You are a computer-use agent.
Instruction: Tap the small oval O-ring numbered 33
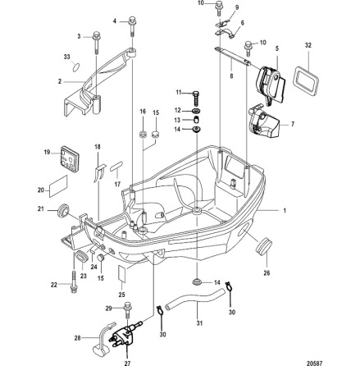coord(76,69)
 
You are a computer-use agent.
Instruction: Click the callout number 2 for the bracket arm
coord(60,80)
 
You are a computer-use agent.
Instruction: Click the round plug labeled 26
coord(264,245)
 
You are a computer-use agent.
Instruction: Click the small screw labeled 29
coord(128,309)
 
